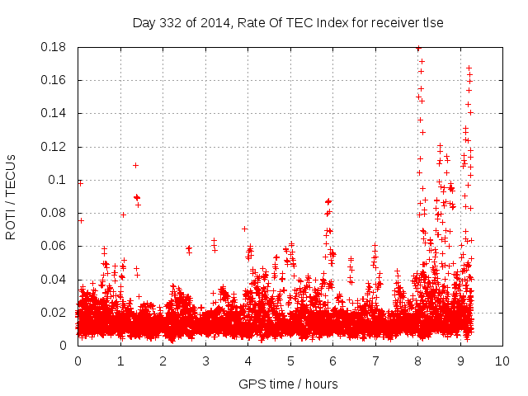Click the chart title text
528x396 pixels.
point(288,23)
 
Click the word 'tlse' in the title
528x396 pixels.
point(433,23)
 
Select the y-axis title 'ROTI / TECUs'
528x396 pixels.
point(12,196)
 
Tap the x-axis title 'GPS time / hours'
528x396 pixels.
point(288,384)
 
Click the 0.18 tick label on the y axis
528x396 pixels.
point(54,47)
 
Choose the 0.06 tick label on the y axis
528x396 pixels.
point(54,246)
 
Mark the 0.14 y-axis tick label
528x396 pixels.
point(54,113)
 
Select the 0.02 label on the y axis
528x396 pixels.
point(54,313)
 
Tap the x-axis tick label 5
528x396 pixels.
point(290,361)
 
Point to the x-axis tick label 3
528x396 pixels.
point(205,361)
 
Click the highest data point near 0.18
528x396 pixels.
point(418,49)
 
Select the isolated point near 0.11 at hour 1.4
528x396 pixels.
point(135,165)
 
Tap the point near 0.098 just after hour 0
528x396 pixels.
point(81,183)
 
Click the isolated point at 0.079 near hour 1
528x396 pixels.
point(123,214)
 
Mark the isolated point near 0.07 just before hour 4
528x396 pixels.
point(244,229)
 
